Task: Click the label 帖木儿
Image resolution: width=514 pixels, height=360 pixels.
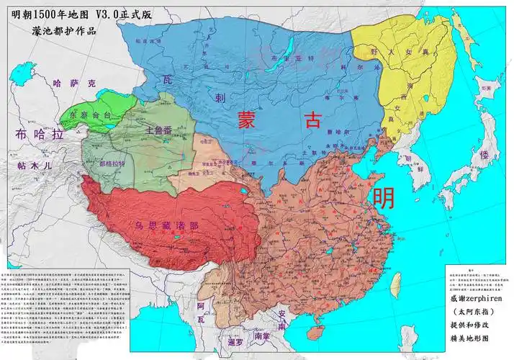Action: [x=34, y=165]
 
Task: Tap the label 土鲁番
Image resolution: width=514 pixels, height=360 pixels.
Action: [x=158, y=132]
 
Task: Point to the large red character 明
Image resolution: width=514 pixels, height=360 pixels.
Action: [x=383, y=197]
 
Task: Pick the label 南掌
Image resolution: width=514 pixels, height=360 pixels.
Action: [x=262, y=335]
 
